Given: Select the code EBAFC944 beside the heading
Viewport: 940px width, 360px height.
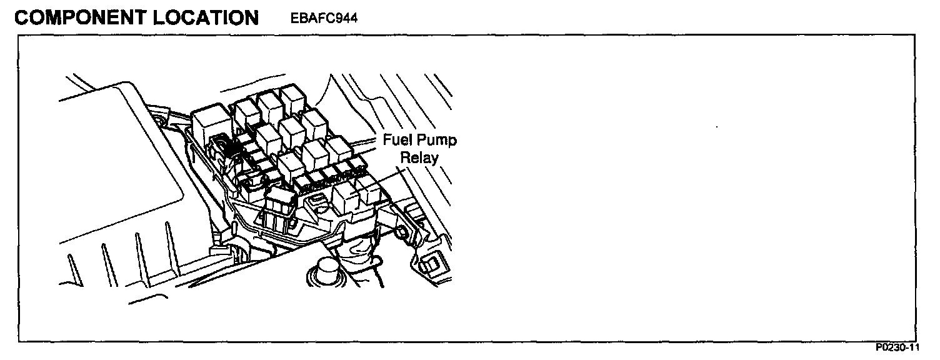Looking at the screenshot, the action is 323,18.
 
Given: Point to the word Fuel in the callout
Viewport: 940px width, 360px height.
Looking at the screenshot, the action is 395,140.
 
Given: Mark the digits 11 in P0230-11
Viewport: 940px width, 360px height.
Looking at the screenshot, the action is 914,348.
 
